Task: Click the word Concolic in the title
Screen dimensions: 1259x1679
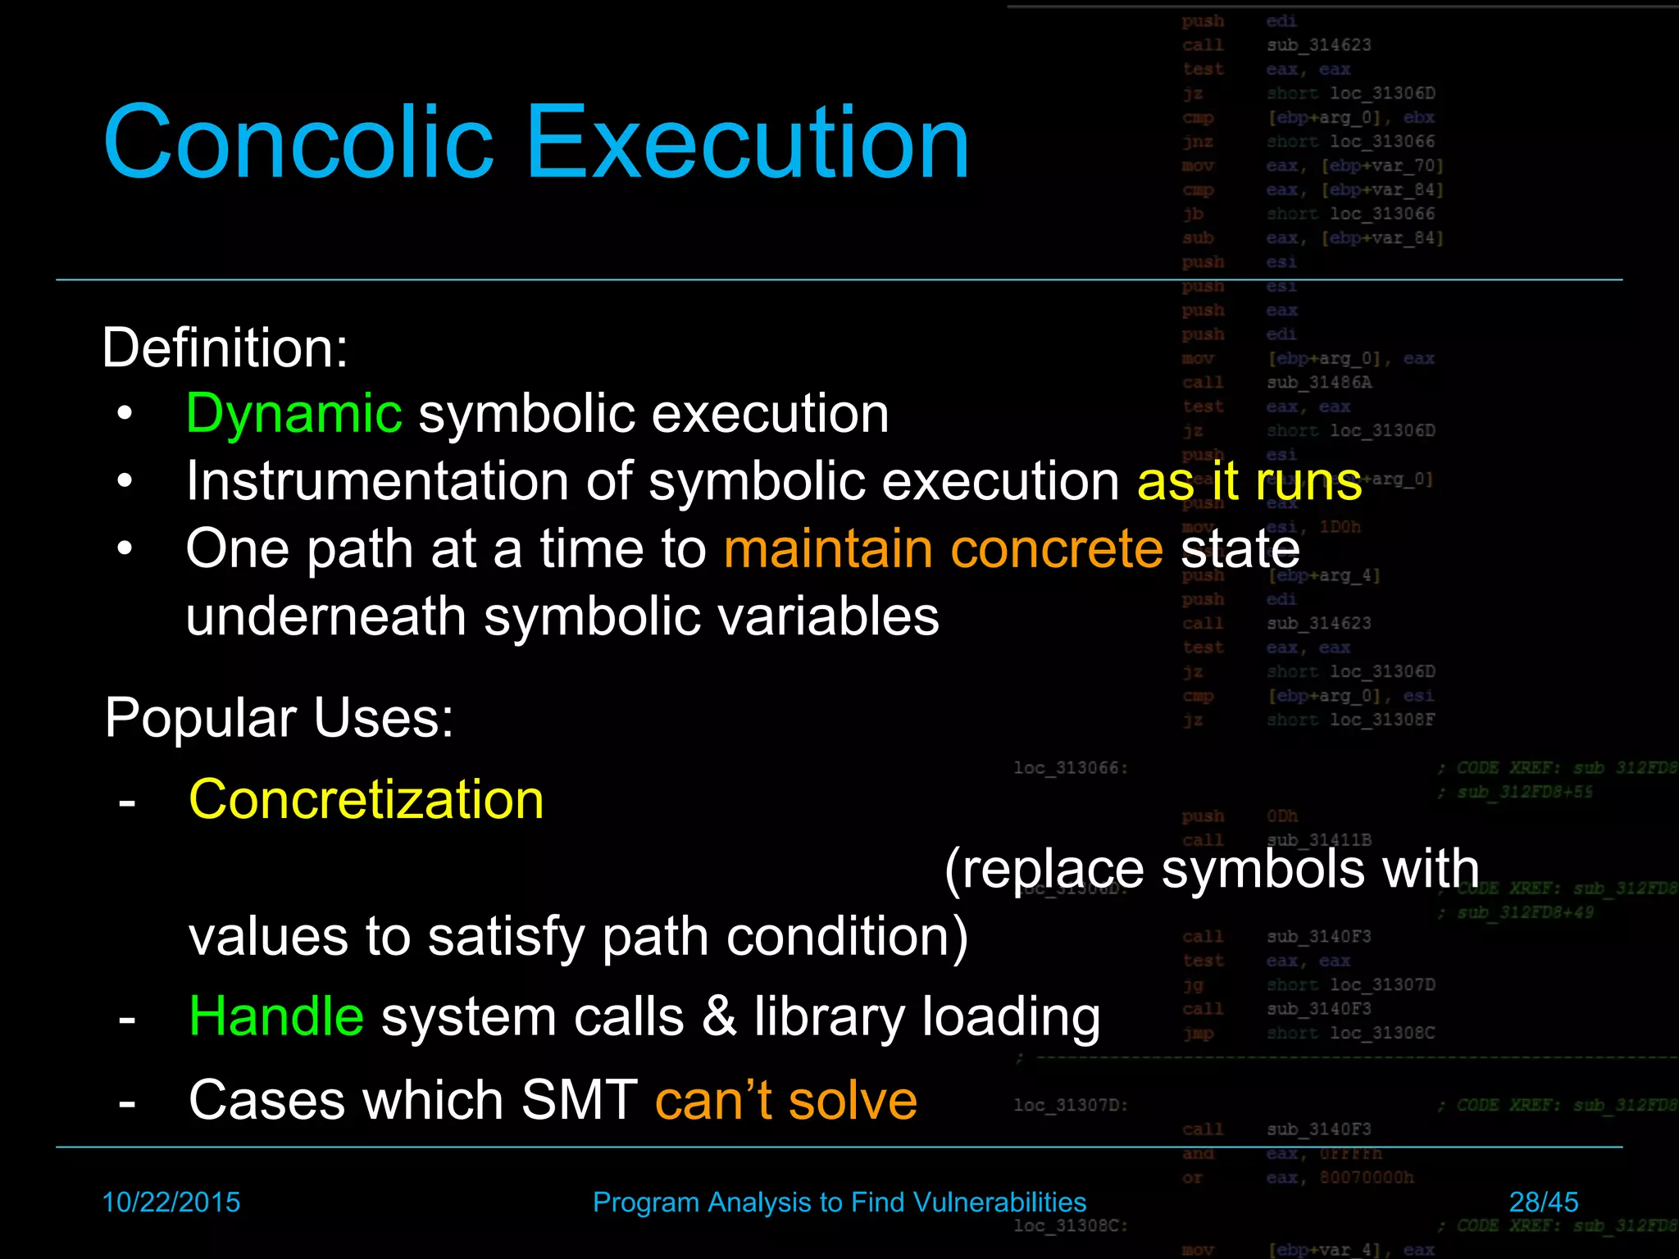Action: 299,142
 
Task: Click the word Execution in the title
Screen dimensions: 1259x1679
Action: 748,142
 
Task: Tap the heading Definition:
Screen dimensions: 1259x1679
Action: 225,348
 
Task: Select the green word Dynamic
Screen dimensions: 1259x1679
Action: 293,413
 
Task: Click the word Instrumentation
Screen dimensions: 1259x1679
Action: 376,480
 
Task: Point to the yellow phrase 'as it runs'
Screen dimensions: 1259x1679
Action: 1249,482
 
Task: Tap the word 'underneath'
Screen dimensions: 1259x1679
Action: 326,616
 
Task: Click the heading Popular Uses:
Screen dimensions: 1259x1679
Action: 279,718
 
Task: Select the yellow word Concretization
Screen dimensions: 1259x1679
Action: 366,799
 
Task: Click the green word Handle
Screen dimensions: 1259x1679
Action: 276,1016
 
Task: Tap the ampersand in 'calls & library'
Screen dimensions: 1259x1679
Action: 719,1016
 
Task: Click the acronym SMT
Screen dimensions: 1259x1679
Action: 579,1100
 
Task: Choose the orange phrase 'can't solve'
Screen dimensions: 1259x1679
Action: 785,1100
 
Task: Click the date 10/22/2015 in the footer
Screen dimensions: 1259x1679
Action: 171,1202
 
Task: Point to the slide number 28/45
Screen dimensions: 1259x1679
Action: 1543,1202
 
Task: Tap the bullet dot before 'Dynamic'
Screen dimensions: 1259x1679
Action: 125,414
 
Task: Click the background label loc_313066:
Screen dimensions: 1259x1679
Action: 1071,768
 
